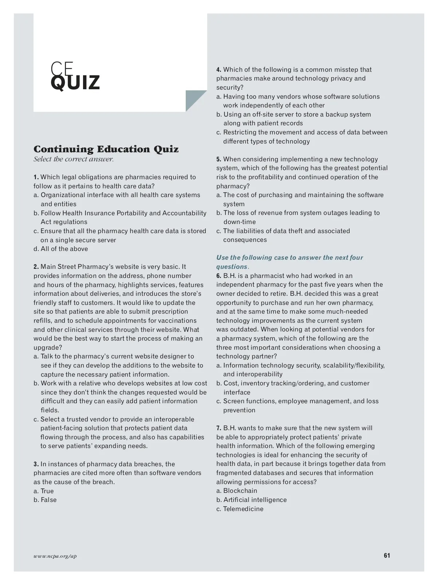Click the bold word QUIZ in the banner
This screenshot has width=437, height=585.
75,82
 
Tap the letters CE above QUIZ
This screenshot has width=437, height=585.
62,68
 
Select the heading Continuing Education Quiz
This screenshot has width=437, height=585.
106,149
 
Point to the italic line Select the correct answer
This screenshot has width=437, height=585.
74,159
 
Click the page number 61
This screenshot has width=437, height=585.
387,555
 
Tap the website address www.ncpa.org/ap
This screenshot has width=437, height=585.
55,556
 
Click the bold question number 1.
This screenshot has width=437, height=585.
36,177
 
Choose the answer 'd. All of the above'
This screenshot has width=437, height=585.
61,249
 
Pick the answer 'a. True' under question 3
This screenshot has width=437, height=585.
44,491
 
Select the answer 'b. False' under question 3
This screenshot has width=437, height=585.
45,500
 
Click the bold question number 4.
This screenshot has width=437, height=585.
219,70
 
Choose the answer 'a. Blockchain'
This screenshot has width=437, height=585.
237,491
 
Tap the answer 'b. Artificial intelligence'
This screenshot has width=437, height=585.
251,500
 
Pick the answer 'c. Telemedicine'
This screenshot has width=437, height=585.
240,509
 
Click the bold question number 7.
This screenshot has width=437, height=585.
219,428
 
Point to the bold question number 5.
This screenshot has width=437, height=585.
219,159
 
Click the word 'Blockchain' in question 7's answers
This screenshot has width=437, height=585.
240,491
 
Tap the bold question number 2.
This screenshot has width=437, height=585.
36,267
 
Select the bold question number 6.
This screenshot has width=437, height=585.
219,276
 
